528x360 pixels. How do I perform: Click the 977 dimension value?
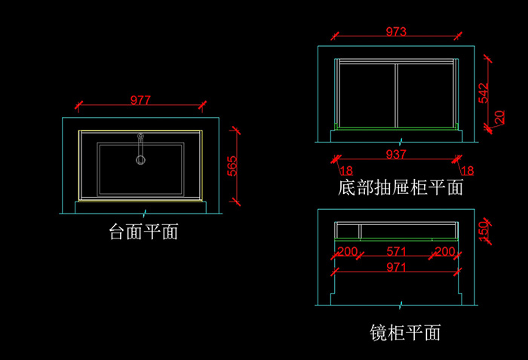140,100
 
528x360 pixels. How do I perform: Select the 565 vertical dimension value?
232,166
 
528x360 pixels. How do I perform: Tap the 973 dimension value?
396,32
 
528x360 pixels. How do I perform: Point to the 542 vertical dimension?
483,93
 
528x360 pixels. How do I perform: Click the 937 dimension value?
396,155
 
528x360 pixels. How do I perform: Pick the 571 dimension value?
396,251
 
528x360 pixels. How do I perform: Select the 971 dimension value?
396,267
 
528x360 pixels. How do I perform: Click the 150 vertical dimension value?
483,231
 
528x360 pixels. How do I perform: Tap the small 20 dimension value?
499,117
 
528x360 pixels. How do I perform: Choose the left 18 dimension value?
346,171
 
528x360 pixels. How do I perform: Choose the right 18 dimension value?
468,171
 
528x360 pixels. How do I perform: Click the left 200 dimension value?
348,251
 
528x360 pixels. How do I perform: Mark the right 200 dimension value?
445,251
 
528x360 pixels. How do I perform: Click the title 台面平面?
143,232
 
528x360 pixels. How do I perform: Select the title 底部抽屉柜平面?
401,187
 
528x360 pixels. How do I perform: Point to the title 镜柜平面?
405,333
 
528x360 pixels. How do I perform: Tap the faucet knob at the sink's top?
140,136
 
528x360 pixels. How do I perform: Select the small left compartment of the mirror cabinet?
348,231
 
